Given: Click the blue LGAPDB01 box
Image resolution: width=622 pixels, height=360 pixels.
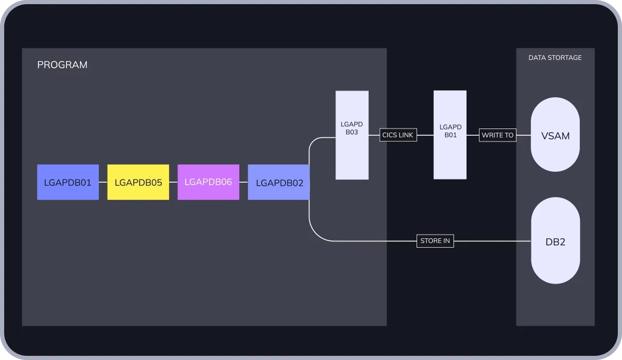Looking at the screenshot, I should pyautogui.click(x=68, y=182).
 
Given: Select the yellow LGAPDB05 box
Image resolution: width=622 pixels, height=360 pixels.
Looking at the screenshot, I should pyautogui.click(x=138, y=182).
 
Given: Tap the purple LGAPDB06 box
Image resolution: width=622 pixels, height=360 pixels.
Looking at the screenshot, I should pyautogui.click(x=208, y=182).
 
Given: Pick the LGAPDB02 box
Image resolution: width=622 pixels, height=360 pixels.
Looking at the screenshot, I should pyautogui.click(x=279, y=182).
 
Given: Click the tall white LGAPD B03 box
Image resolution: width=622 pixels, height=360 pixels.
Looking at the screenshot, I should pyautogui.click(x=352, y=135).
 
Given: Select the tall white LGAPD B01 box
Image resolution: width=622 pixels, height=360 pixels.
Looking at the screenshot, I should pyautogui.click(x=450, y=135).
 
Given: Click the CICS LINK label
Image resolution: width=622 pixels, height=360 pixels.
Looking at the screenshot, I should pyautogui.click(x=398, y=135).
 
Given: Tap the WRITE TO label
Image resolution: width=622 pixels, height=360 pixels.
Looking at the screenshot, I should pyautogui.click(x=497, y=135).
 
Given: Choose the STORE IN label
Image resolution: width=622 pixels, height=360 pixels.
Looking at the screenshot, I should pyautogui.click(x=435, y=241).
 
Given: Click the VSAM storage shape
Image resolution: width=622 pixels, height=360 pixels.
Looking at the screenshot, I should pyautogui.click(x=555, y=135).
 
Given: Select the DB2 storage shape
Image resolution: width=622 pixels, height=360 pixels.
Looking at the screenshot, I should pyautogui.click(x=555, y=241).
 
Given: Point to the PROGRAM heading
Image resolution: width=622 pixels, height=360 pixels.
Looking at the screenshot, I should pyautogui.click(x=62, y=65).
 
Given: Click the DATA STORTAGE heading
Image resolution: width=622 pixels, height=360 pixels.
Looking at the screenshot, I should pyautogui.click(x=555, y=58).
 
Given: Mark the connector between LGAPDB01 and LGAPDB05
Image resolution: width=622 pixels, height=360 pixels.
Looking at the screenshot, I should pyautogui.click(x=103, y=182).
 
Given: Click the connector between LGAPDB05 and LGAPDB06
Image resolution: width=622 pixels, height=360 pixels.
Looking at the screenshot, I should pyautogui.click(x=173, y=182).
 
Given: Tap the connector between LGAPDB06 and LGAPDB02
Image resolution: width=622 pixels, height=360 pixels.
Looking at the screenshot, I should pyautogui.click(x=243, y=182).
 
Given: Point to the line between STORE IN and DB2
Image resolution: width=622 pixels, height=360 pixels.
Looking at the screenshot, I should pyautogui.click(x=491, y=241).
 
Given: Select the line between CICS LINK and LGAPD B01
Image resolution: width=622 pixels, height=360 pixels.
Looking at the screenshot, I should pyautogui.click(x=425, y=135).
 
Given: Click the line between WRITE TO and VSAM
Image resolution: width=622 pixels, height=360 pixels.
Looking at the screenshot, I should pyautogui.click(x=523, y=135).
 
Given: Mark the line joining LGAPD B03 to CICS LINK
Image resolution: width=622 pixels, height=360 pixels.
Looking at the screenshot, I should pyautogui.click(x=374, y=135).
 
